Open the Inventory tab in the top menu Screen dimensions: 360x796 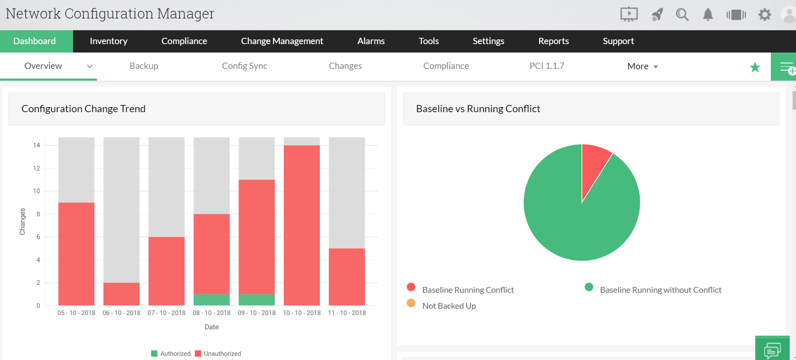(108, 41)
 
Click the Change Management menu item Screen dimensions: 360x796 (282, 41)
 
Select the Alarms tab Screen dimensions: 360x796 (371, 41)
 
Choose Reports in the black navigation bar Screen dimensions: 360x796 (553, 41)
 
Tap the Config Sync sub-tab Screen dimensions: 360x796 (244, 66)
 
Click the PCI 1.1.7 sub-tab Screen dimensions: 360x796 (547, 66)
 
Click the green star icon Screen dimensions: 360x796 (755, 67)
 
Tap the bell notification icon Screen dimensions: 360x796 (708, 15)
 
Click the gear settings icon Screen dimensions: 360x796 (765, 15)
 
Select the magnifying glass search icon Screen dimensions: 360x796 (682, 15)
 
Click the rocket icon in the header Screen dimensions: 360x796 (657, 15)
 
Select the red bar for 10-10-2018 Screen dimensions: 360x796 (301, 225)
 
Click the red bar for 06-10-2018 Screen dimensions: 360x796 (121, 294)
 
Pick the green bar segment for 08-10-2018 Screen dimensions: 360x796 (212, 300)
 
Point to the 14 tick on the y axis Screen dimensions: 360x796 (37, 145)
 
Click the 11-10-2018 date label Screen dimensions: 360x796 (347, 313)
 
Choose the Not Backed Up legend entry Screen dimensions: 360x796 (449, 306)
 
